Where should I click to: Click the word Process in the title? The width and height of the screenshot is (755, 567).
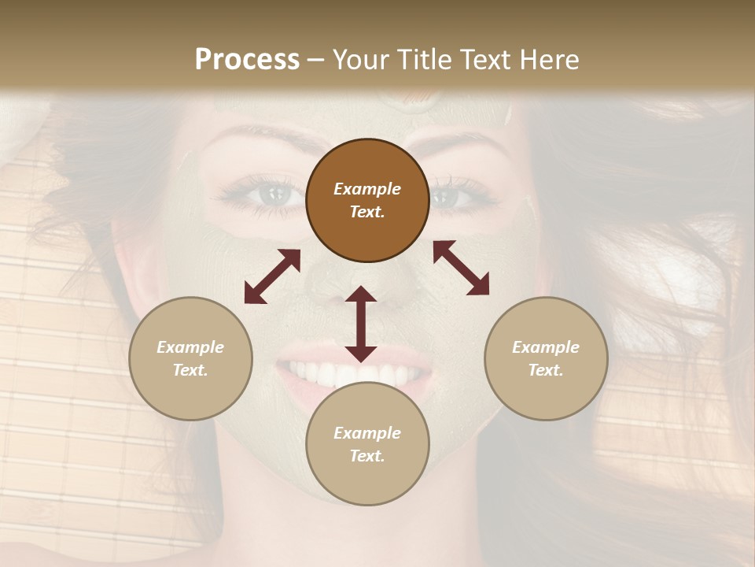[247, 60]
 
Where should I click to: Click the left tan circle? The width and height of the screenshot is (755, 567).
[190, 358]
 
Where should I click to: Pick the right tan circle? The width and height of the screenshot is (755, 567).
[546, 358]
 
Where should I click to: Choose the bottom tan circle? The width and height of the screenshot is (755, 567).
[367, 444]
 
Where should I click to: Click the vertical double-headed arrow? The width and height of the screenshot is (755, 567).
[361, 324]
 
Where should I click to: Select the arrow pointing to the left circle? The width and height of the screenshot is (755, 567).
[272, 276]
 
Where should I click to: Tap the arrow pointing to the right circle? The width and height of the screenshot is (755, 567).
[461, 268]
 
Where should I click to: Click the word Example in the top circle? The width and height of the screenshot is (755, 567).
[367, 189]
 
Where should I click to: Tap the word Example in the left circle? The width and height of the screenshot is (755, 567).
[190, 347]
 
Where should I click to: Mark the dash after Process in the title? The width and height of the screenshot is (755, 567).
[316, 61]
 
